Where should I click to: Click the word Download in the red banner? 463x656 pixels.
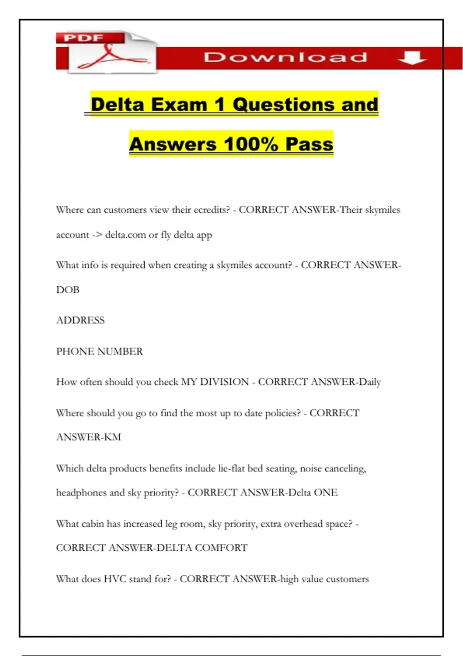pyautogui.click(x=285, y=57)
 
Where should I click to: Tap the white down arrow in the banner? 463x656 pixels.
pyautogui.click(x=412, y=58)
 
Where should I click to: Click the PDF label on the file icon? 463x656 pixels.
pyautogui.click(x=84, y=38)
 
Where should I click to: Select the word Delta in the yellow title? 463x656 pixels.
pyautogui.click(x=117, y=105)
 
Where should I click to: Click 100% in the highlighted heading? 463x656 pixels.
pyautogui.click(x=251, y=144)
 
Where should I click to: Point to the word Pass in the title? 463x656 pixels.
pyautogui.click(x=309, y=144)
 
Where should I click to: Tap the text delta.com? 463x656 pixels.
pyautogui.click(x=125, y=235)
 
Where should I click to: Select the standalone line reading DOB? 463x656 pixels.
pyautogui.click(x=68, y=290)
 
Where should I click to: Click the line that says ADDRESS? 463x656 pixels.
pyautogui.click(x=80, y=320)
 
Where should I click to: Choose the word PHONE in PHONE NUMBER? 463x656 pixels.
pyautogui.click(x=75, y=351)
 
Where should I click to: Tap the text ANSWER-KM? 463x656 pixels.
pyautogui.click(x=88, y=437)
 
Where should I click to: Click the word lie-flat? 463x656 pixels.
pyautogui.click(x=231, y=468)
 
